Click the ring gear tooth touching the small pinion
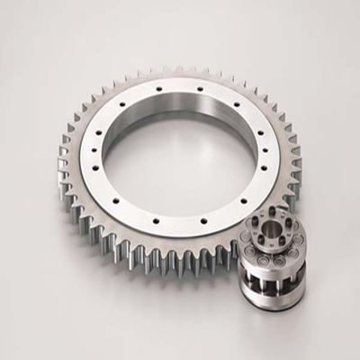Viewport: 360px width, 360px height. coord(241,241)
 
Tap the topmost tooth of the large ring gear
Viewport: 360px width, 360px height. coord(180,68)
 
